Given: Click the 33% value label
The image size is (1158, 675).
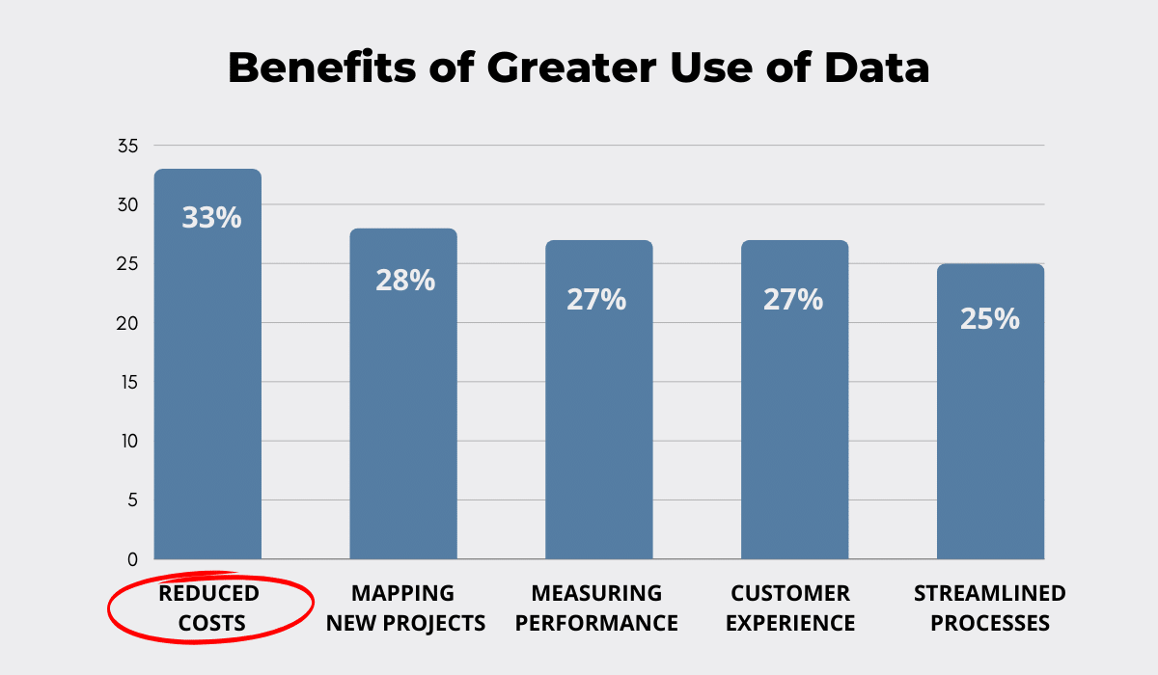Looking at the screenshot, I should coord(211,217).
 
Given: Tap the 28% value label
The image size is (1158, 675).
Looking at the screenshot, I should coord(405,281).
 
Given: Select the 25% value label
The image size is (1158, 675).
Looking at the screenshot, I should coord(989,318).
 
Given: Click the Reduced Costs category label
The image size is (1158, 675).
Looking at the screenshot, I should coord(209,607).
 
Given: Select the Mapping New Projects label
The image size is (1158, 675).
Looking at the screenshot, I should coord(405,607).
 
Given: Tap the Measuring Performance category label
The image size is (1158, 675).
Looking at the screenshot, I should coord(597,607).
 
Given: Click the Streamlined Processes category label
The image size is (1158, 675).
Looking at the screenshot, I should coord(990,607).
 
